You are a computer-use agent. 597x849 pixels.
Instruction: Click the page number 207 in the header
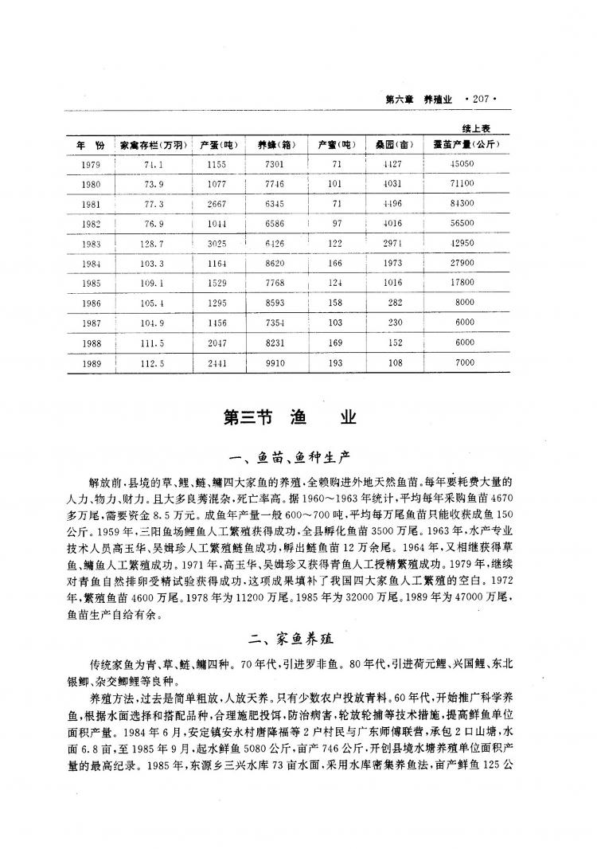484,100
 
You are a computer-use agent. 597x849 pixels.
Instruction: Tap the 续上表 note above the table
479,127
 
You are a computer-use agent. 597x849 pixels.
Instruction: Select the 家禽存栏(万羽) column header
154,145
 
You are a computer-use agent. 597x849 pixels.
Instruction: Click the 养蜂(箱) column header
276,145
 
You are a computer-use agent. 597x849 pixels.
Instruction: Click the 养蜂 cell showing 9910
276,363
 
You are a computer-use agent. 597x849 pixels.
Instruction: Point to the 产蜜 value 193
335,363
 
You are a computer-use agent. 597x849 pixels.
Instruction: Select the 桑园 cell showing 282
394,303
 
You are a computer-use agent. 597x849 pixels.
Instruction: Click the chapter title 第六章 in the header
400,100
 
